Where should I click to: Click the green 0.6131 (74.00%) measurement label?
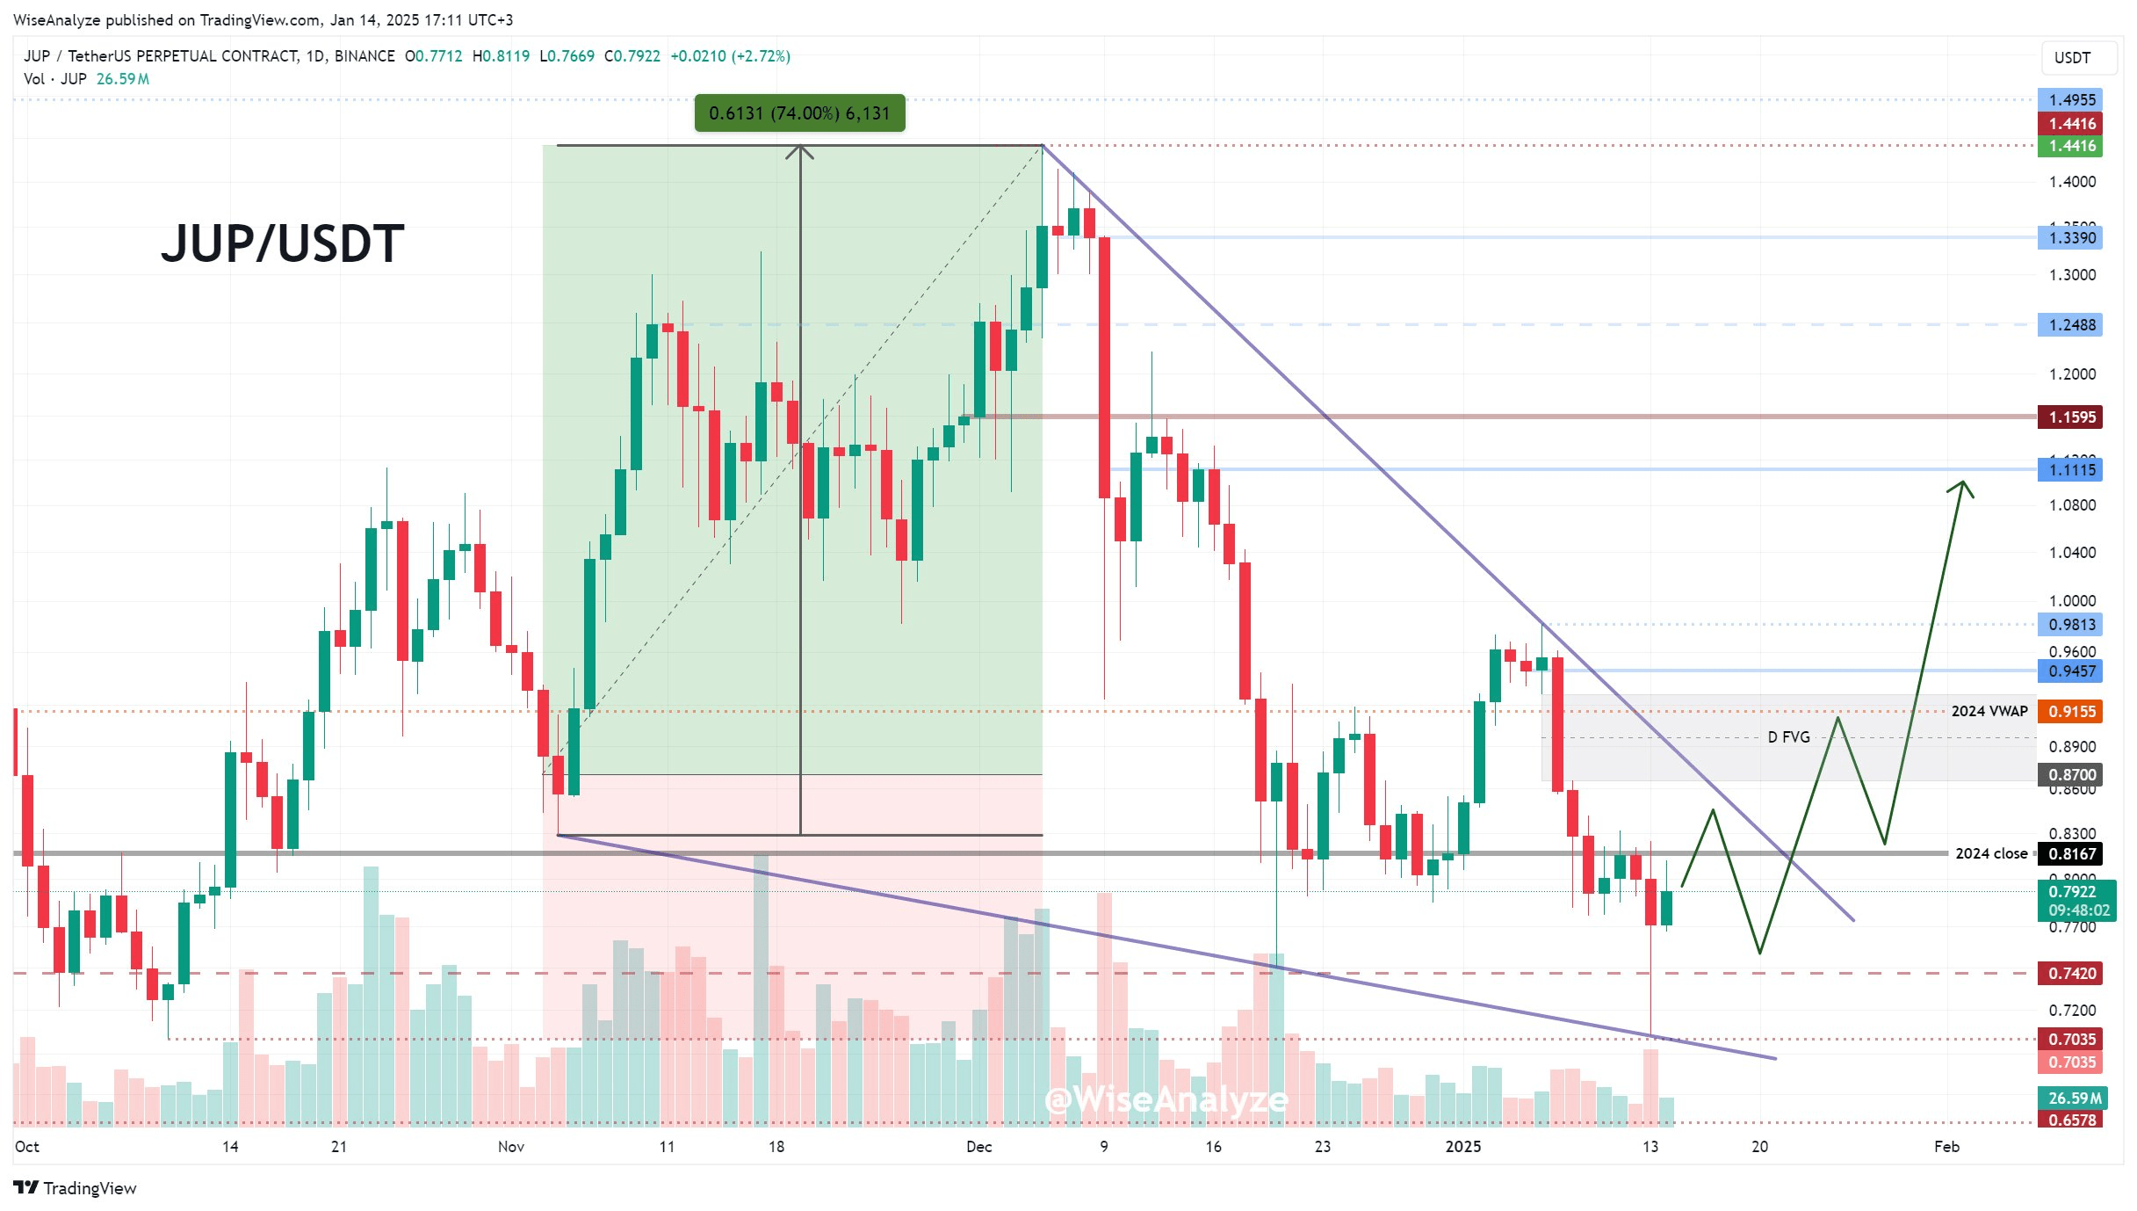[x=799, y=113]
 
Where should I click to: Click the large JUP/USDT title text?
[x=282, y=243]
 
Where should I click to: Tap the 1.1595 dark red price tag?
[x=2071, y=417]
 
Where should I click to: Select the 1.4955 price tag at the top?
[x=2071, y=100]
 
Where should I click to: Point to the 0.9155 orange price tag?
[x=2071, y=712]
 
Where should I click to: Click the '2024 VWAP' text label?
[x=1989, y=712]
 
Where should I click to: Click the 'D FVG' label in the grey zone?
[x=1788, y=737]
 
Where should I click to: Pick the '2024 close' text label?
[x=1990, y=854]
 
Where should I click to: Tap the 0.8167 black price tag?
[x=2071, y=854]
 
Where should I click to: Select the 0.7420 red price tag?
[x=2071, y=974]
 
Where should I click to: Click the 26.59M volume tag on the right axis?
[x=2074, y=1099]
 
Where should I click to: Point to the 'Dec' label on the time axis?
[x=978, y=1147]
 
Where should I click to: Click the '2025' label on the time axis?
[x=1462, y=1147]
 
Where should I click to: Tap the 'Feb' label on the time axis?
[x=1946, y=1147]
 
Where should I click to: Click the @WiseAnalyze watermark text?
[x=1166, y=1099]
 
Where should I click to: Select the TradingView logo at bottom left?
[x=76, y=1188]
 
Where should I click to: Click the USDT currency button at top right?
[x=2072, y=58]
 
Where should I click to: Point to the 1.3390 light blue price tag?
[x=2071, y=238]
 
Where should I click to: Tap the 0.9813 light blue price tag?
[x=2071, y=625]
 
